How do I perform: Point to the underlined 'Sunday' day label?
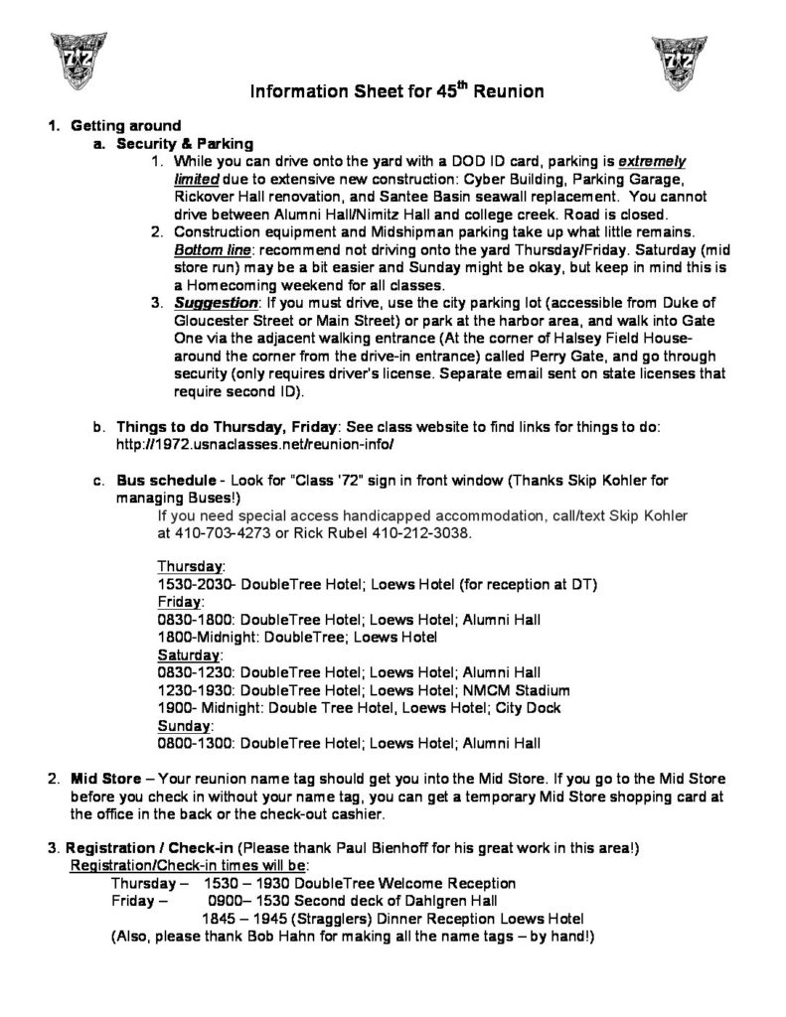pos(183,726)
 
